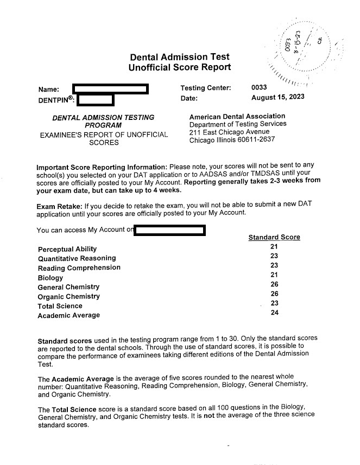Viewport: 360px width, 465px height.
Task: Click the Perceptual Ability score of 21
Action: point(274,247)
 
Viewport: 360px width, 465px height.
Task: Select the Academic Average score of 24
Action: point(274,313)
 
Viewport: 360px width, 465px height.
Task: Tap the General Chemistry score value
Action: point(274,284)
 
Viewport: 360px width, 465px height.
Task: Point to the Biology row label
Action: point(50,278)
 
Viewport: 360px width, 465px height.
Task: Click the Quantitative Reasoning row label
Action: point(77,258)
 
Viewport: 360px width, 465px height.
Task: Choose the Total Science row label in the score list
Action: point(60,306)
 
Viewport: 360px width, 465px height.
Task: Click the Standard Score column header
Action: point(274,237)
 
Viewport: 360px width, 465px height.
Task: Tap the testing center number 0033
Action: point(259,87)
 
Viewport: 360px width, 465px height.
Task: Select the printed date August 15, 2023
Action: point(277,98)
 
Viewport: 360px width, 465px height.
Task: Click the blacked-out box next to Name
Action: point(111,88)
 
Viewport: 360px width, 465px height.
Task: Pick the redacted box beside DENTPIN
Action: point(96,100)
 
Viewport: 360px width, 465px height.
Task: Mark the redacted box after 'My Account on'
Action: point(169,231)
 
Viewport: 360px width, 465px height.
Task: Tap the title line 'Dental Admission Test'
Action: point(180,57)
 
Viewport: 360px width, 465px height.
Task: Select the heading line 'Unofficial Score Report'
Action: point(180,67)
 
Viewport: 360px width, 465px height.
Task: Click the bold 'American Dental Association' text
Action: point(237,116)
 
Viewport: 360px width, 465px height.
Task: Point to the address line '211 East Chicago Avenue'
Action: point(229,132)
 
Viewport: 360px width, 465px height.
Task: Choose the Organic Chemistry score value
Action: point(274,294)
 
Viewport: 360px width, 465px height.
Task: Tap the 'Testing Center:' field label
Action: point(205,88)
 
